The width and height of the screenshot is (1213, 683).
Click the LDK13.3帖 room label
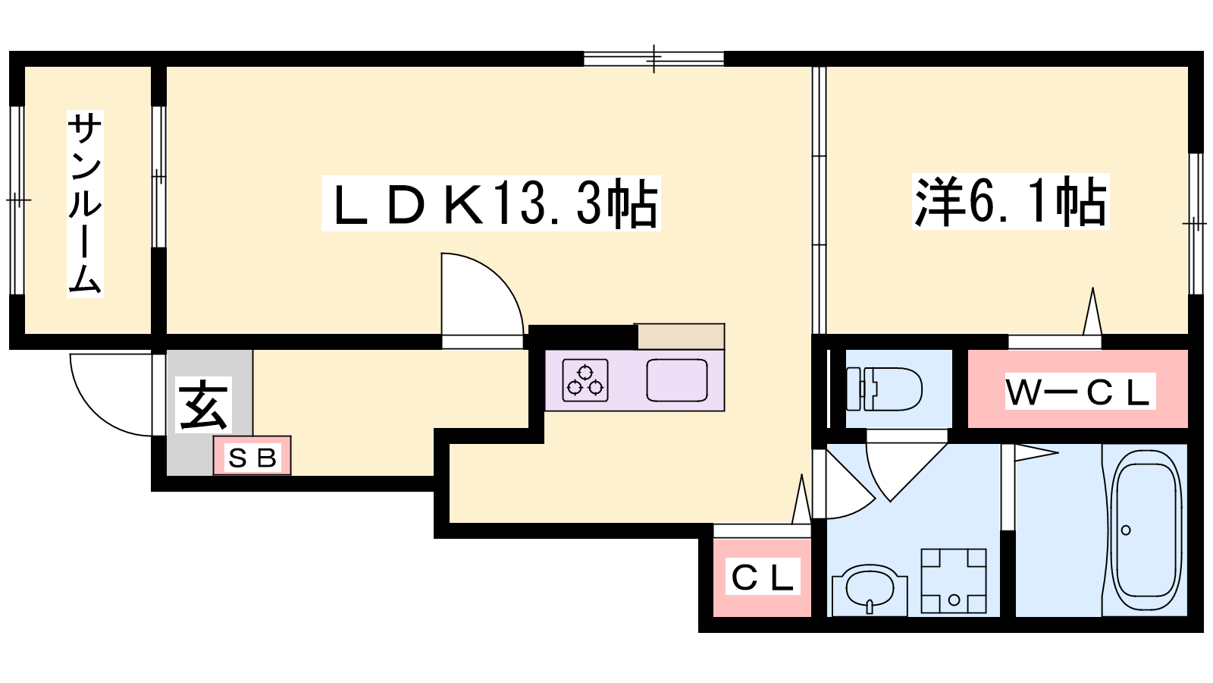pyautogui.click(x=491, y=203)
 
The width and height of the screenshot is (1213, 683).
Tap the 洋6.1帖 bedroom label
pyautogui.click(x=1010, y=202)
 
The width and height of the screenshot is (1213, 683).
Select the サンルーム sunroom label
pyautogui.click(x=85, y=203)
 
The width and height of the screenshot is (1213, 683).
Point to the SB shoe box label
pyautogui.click(x=252, y=457)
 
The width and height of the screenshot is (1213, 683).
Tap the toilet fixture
pyautogui.click(x=884, y=389)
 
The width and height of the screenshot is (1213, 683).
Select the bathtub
pyautogui.click(x=1146, y=529)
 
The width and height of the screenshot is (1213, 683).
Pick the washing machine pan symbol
pyautogui.click(x=954, y=581)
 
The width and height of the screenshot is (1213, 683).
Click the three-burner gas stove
pyautogui.click(x=585, y=379)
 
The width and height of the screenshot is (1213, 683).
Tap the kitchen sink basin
pyautogui.click(x=676, y=379)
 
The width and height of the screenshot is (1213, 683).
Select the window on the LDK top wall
pyautogui.click(x=654, y=58)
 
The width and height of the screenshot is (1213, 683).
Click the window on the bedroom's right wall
pyautogui.click(x=1195, y=223)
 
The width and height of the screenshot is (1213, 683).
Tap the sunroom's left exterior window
pyautogui.click(x=17, y=200)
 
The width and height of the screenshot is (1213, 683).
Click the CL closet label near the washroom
pyautogui.click(x=762, y=578)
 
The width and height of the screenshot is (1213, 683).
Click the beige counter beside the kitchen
pyautogui.click(x=680, y=336)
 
